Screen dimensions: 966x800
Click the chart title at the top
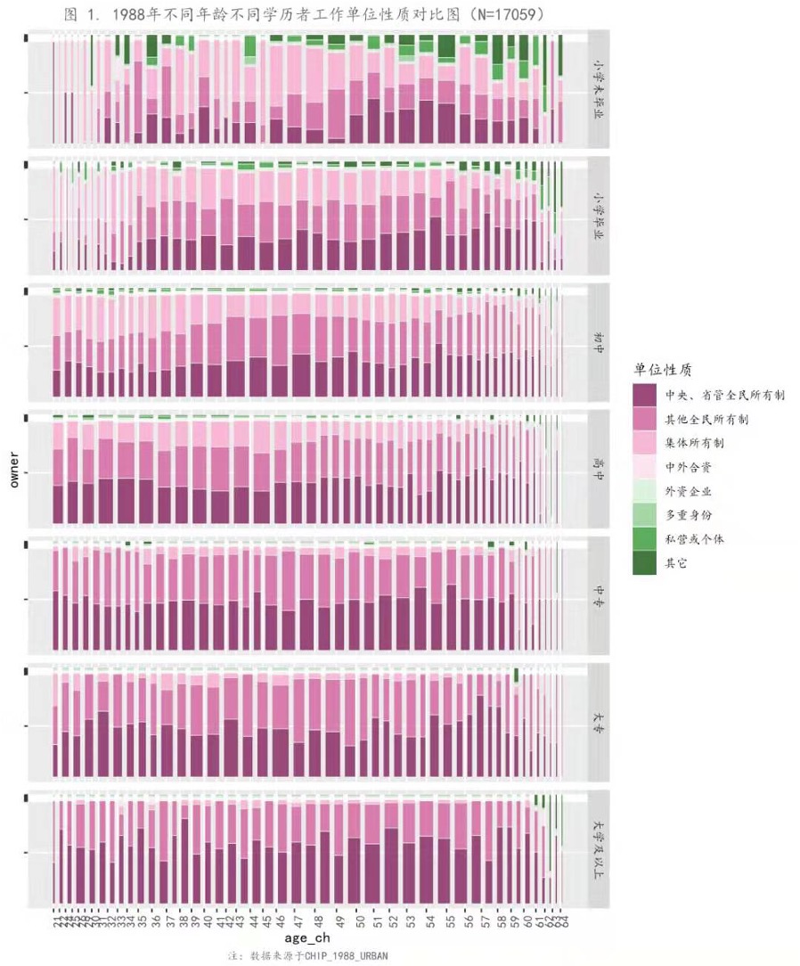305,14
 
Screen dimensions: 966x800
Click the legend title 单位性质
663,369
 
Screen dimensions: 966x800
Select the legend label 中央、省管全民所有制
724,394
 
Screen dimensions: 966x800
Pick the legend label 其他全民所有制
706,418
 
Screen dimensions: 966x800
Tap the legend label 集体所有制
694,442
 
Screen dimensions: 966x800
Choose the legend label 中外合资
688,466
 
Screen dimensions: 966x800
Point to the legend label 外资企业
688,491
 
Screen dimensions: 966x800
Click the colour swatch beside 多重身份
645,515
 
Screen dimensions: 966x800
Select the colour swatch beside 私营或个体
645,539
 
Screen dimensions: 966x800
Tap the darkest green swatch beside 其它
645,563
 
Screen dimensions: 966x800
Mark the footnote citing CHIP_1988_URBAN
308,955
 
